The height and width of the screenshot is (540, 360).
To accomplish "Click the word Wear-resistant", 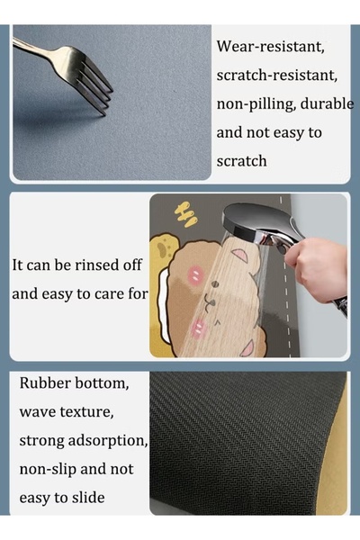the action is [270, 46].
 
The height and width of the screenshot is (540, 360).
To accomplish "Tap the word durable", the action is [328, 103].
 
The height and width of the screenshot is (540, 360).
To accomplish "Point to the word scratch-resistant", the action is [277, 75].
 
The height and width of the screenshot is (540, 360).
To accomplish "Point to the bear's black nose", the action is [214, 284].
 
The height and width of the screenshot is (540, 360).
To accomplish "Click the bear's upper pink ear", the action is [240, 255].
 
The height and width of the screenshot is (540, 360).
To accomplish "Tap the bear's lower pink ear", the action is [248, 348].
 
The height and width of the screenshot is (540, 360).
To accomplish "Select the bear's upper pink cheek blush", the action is [195, 274].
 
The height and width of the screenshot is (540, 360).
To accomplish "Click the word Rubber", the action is [45, 383].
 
